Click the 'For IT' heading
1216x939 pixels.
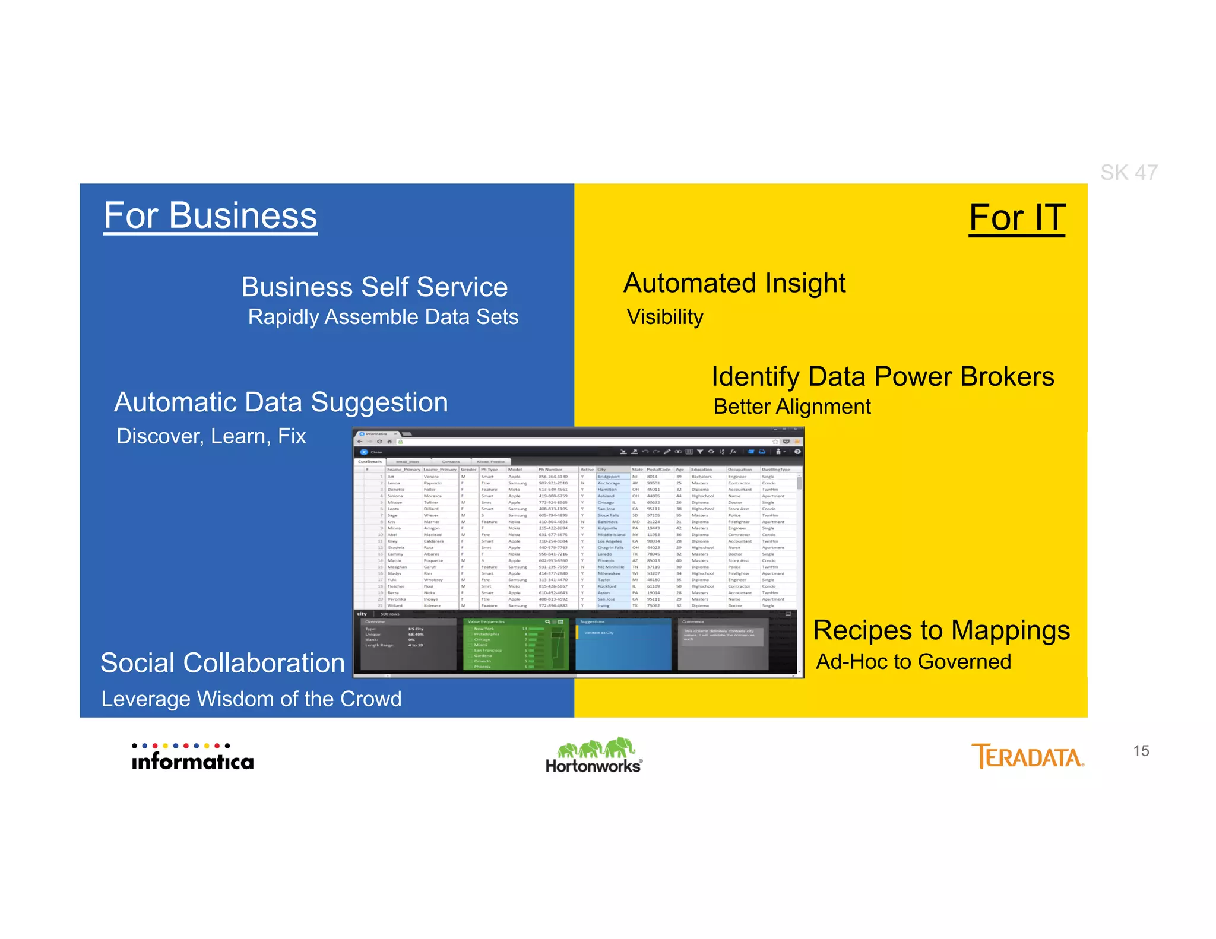pyautogui.click(x=1017, y=218)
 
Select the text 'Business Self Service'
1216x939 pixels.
pyautogui.click(x=375, y=287)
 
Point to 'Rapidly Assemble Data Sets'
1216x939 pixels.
pyautogui.click(x=383, y=317)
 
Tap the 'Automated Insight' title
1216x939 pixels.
pyautogui.click(x=734, y=283)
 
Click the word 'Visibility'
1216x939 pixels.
pyautogui.click(x=665, y=317)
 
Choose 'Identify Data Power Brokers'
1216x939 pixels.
pyautogui.click(x=883, y=377)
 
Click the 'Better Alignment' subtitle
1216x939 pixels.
pyautogui.click(x=792, y=407)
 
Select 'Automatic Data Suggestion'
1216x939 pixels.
pyautogui.click(x=281, y=402)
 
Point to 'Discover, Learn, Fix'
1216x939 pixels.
pyautogui.click(x=211, y=436)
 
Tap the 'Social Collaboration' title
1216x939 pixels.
pyautogui.click(x=223, y=663)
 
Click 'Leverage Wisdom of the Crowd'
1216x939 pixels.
pyautogui.click(x=251, y=699)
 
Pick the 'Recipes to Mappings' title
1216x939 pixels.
pyautogui.click(x=941, y=630)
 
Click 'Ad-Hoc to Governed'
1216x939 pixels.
pyautogui.click(x=913, y=662)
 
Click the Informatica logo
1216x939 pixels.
pyautogui.click(x=192, y=757)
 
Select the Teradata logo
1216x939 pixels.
pyautogui.click(x=1027, y=757)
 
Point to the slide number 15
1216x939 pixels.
pyautogui.click(x=1141, y=751)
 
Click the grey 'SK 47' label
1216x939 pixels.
pyautogui.click(x=1129, y=173)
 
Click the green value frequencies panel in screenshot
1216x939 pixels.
pyautogui.click(x=515, y=645)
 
